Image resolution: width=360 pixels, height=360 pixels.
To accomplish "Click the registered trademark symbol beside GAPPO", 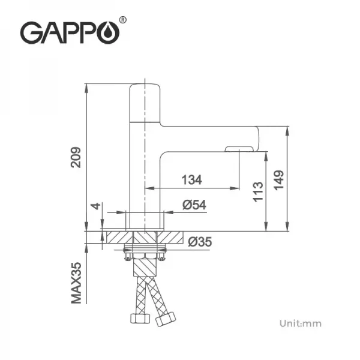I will click(x=124, y=20).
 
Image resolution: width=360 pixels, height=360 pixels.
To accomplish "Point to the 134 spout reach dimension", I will click(x=192, y=179).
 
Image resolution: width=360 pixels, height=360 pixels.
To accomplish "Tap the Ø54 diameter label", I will click(x=194, y=205).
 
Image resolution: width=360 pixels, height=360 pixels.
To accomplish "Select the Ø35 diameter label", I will click(x=200, y=242).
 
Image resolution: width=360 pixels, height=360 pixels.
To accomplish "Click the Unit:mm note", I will click(x=300, y=323).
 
